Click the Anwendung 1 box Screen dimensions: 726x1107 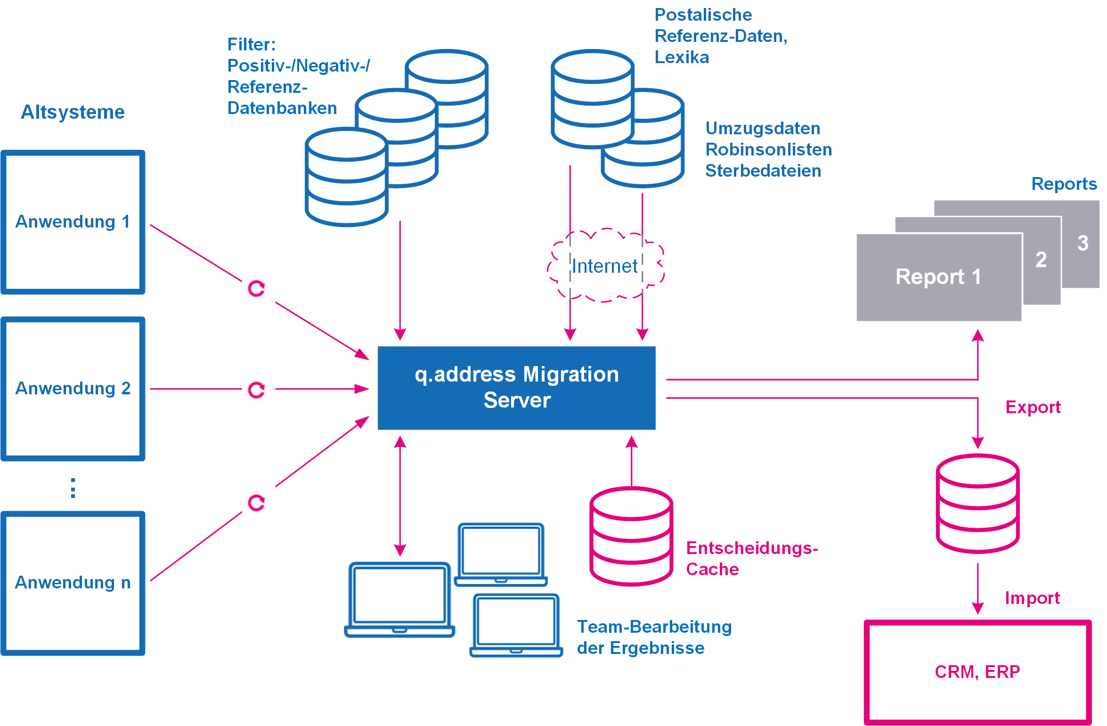tap(73, 222)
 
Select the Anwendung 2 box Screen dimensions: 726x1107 tap(73, 389)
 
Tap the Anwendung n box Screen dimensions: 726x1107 tap(73, 583)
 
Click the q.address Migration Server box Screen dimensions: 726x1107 tap(516, 388)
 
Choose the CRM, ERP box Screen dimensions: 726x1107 tap(977, 672)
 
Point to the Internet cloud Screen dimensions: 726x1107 tap(605, 266)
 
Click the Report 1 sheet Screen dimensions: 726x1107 tap(938, 277)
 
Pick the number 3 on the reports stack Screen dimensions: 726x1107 tap(1083, 243)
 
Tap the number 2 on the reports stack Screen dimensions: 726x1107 tap(1041, 260)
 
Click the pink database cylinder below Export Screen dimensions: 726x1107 tap(977, 503)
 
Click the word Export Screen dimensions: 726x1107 tap(1033, 407)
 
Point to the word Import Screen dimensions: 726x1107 tap(1032, 598)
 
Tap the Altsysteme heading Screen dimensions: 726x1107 tap(73, 112)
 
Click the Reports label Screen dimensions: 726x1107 tap(1064, 184)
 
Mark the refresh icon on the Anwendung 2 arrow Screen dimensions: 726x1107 tap(257, 390)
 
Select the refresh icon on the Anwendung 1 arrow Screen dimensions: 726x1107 tap(257, 288)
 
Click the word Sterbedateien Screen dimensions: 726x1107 tap(763, 171)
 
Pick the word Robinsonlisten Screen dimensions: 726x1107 tap(769, 149)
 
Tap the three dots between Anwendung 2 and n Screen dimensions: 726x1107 tap(73, 488)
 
